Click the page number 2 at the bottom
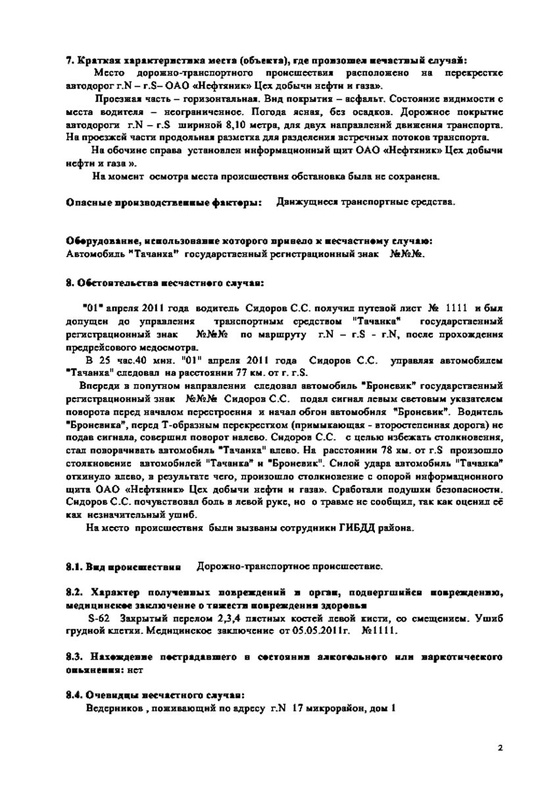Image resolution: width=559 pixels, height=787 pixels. coord(499,748)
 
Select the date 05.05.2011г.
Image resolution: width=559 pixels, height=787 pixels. coord(323,631)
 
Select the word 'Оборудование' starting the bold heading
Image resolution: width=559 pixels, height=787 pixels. coord(100,239)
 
